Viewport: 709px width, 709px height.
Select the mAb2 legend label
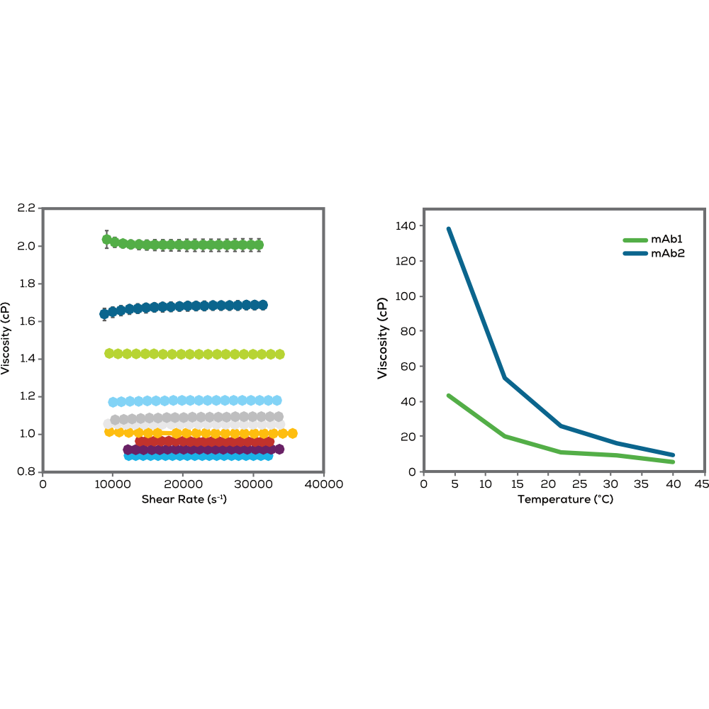[668, 252]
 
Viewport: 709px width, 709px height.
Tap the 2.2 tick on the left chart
[26, 208]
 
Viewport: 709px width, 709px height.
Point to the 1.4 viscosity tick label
[26, 359]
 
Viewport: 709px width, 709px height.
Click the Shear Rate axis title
[183, 499]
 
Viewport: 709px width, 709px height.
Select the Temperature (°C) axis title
[564, 499]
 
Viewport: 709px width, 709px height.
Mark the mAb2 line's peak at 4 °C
[449, 229]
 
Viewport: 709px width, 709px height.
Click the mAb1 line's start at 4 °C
[449, 396]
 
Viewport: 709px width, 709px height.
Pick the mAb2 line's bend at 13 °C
[505, 378]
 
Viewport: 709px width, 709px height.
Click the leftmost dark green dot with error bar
[107, 239]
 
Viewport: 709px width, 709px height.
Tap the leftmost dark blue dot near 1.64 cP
[104, 313]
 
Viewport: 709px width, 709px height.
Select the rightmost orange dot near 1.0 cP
[291, 433]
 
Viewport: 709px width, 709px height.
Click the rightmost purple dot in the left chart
[279, 450]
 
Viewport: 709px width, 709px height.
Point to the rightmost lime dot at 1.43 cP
[280, 354]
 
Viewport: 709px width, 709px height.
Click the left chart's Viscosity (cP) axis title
[6, 340]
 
